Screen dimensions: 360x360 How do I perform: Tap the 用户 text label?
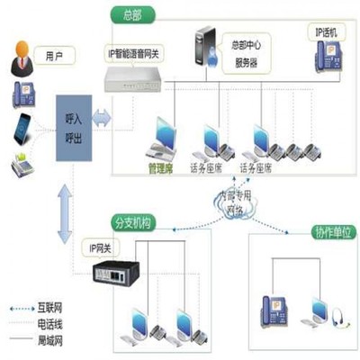coord(55,57)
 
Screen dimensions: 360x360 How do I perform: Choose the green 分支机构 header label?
coord(134,222)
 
